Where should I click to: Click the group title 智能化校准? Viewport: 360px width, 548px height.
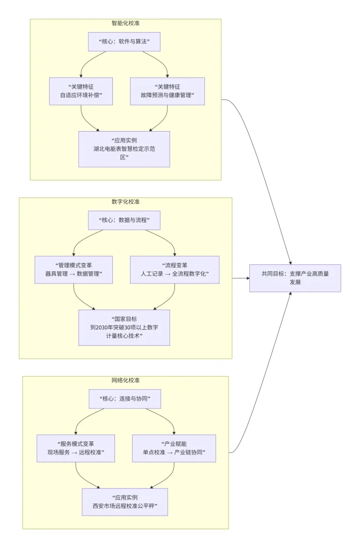pyautogui.click(x=125, y=24)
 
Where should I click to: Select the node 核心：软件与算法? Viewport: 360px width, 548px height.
pyautogui.click(x=124, y=42)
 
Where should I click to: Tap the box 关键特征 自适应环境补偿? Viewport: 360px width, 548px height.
pyautogui.click(x=81, y=91)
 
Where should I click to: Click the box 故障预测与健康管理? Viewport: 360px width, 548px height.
pyautogui.click(x=167, y=91)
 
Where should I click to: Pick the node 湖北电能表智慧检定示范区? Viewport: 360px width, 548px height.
pyautogui.click(x=124, y=149)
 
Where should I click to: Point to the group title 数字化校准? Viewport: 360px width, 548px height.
pyautogui.click(x=125, y=202)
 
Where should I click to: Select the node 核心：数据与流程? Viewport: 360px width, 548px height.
pyautogui.click(x=124, y=220)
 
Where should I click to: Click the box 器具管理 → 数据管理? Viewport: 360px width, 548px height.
pyautogui.click(x=73, y=270)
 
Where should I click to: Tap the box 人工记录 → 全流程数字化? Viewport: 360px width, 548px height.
pyautogui.click(x=174, y=270)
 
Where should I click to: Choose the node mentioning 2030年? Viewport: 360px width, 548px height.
pyautogui.click(x=124, y=327)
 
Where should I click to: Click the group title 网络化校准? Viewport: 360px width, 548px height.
pyautogui.click(x=125, y=380)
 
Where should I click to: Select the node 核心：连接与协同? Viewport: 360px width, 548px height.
pyautogui.click(x=124, y=399)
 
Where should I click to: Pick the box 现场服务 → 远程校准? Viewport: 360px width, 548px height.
pyautogui.click(x=75, y=448)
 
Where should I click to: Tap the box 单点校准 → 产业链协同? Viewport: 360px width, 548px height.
pyautogui.click(x=174, y=448)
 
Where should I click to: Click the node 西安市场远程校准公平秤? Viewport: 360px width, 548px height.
pyautogui.click(x=125, y=501)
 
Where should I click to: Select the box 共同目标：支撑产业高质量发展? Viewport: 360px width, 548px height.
pyautogui.click(x=295, y=278)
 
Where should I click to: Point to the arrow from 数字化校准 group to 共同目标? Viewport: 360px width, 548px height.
pyautogui.click(x=241, y=278)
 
